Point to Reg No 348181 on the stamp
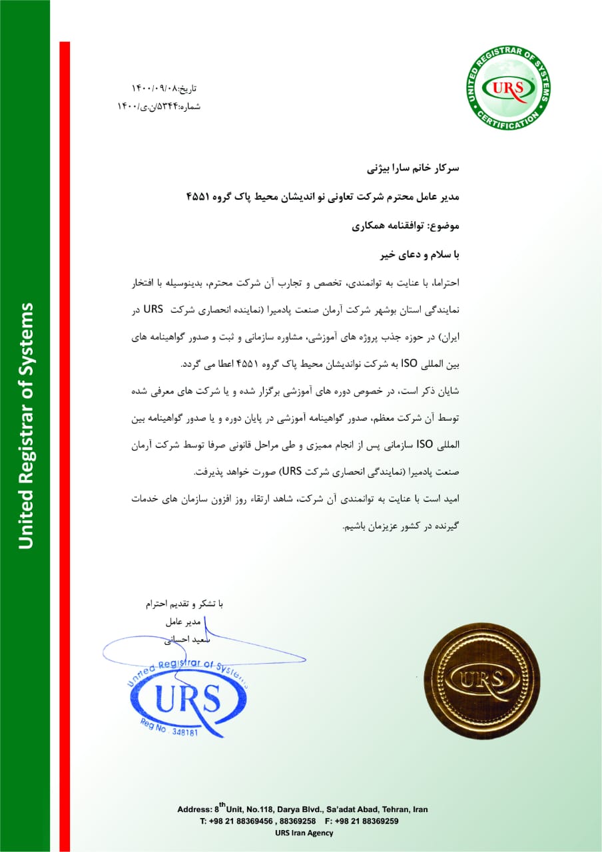(x=169, y=728)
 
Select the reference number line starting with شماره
(x=159, y=106)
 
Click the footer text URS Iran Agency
(x=304, y=833)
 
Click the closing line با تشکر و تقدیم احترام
(x=185, y=604)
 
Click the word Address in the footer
(x=194, y=809)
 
